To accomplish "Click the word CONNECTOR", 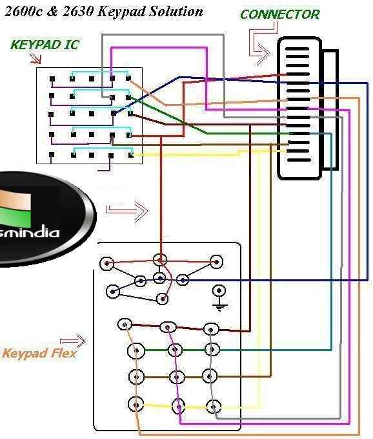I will pos(279,14).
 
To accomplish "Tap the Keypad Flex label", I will pos(39,354).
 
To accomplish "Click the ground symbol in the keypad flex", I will pos(220,305).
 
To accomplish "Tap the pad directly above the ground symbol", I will pos(220,291).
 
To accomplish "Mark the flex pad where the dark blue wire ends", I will pos(183,280).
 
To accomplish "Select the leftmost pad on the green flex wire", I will pos(136,351).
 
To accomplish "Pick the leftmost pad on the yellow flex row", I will pos(136,404).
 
